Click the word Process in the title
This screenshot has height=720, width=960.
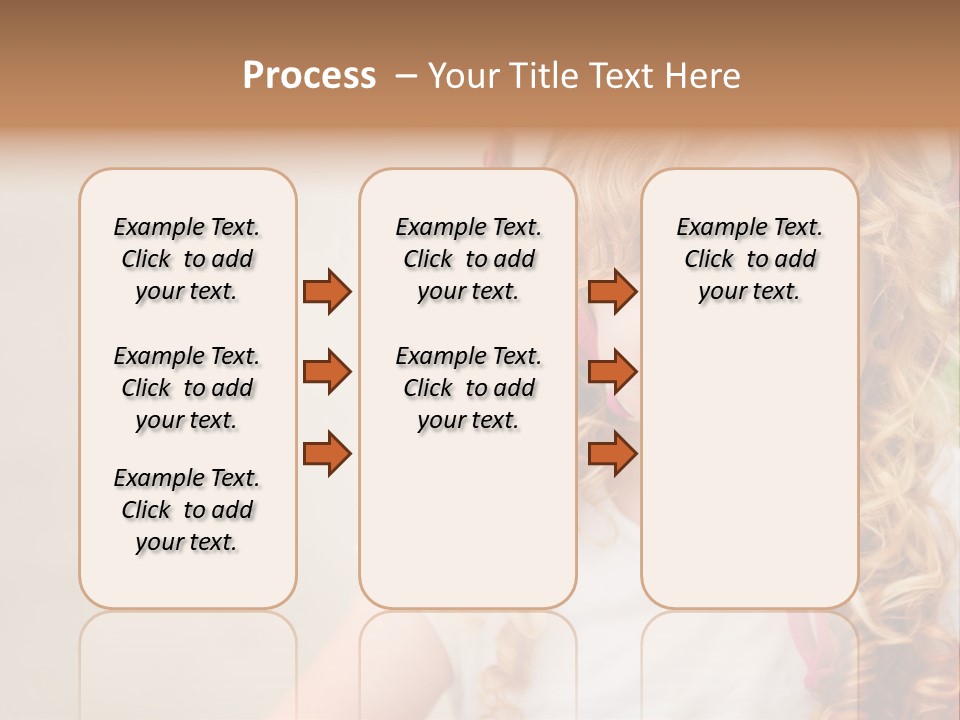(309, 76)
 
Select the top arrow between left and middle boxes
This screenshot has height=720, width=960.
(327, 291)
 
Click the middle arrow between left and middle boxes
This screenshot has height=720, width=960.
(327, 372)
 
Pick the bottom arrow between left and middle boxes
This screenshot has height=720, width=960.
(327, 453)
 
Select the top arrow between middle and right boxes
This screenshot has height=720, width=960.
(612, 291)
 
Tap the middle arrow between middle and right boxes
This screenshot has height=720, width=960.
(612, 372)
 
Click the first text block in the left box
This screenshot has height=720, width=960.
(187, 259)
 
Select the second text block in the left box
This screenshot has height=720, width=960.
(187, 388)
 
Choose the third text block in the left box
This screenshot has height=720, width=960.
(187, 510)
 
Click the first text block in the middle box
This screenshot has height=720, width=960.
(468, 259)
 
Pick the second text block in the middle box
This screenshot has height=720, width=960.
(468, 388)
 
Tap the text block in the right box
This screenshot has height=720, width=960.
(749, 259)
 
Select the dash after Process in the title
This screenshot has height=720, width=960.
(406, 76)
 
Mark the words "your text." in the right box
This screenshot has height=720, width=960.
(749, 292)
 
